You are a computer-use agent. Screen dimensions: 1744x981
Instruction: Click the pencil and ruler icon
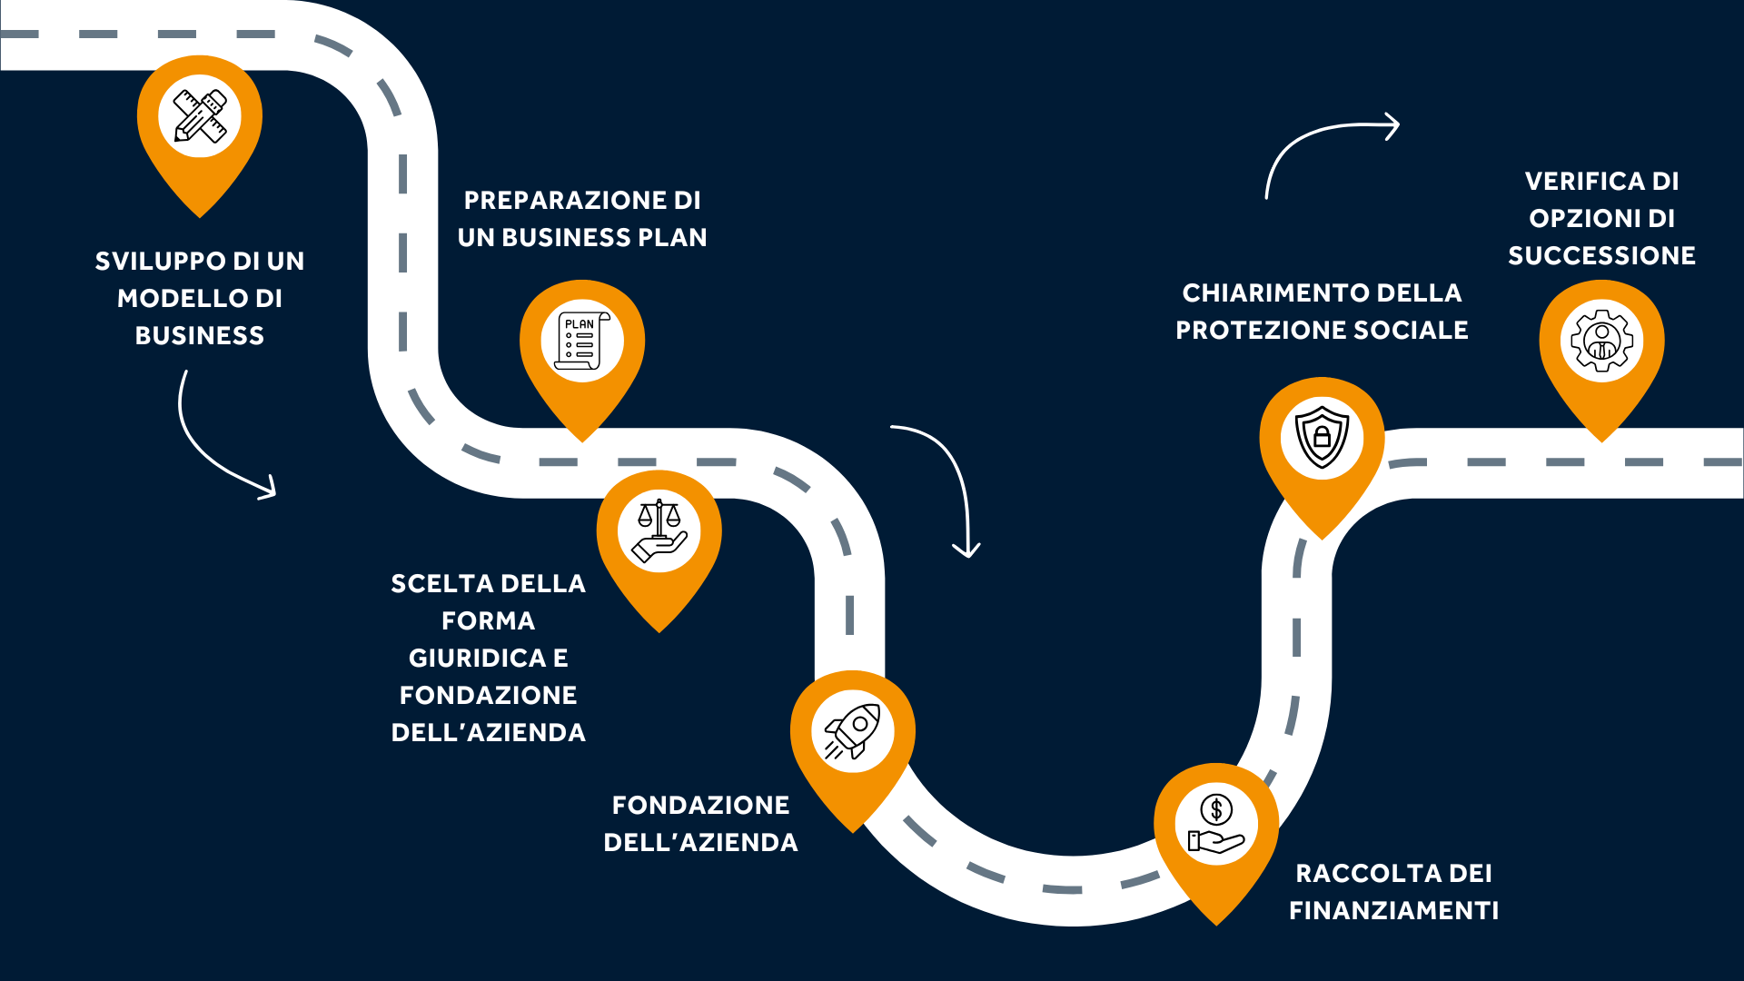pyautogui.click(x=200, y=116)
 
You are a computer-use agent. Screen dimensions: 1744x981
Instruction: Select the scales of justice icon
pyautogui.click(x=659, y=531)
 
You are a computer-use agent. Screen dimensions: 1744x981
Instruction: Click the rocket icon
pyautogui.click(x=853, y=731)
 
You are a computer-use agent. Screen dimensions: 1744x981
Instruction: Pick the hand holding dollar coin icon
pyautogui.click(x=1216, y=825)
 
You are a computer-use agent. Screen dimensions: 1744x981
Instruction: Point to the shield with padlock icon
pyautogui.click(x=1323, y=437)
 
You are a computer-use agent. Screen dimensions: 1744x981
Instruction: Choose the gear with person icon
pyautogui.click(x=1602, y=341)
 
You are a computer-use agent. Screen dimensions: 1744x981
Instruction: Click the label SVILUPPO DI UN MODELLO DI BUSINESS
pyautogui.click(x=200, y=298)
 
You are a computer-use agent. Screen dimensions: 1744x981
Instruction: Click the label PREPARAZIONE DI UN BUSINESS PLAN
pyautogui.click(x=582, y=219)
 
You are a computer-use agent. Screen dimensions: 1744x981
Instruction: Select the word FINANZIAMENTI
pyautogui.click(x=1394, y=910)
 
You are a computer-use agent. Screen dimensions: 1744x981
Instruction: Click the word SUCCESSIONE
pyautogui.click(x=1602, y=255)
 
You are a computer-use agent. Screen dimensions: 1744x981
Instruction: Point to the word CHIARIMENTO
pyautogui.click(x=1275, y=292)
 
